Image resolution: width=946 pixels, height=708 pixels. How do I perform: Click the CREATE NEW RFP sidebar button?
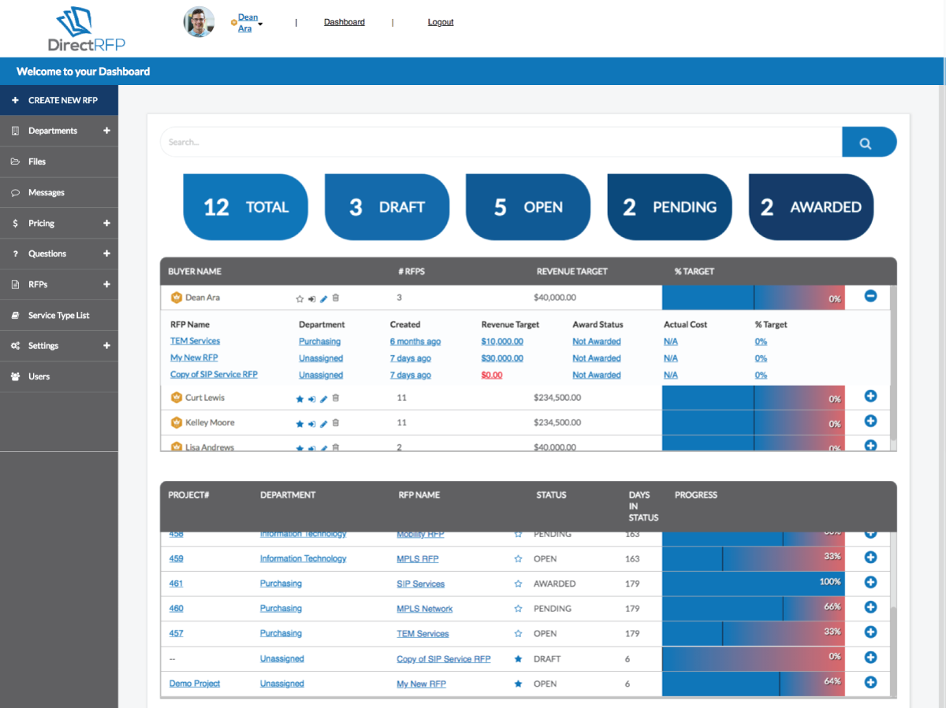59,100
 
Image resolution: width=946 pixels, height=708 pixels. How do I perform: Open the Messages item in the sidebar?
47,192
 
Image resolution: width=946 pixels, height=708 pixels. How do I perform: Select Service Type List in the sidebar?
58,315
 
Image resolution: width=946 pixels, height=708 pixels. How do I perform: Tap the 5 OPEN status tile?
527,207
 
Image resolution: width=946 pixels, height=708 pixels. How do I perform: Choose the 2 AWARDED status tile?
810,207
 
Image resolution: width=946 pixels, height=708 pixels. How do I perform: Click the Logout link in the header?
441,22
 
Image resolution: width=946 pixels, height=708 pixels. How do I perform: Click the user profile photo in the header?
199,22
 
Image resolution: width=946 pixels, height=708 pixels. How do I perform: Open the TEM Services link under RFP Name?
195,341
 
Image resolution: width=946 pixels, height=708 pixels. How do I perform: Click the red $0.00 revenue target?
491,375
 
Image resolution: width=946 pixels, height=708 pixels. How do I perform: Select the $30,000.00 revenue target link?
501,358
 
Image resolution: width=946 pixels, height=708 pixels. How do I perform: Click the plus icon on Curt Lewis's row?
870,396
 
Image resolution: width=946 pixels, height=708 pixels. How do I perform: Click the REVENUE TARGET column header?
572,271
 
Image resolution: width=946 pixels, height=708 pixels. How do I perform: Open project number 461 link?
176,584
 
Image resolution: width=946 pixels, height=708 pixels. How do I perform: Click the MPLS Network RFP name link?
424,609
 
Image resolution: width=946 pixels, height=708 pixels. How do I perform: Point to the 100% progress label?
829,582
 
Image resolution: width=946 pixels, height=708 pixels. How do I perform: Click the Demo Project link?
195,684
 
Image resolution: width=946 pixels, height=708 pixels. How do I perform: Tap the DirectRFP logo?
86,30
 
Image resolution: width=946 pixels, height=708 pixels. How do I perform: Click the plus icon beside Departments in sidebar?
106,131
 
